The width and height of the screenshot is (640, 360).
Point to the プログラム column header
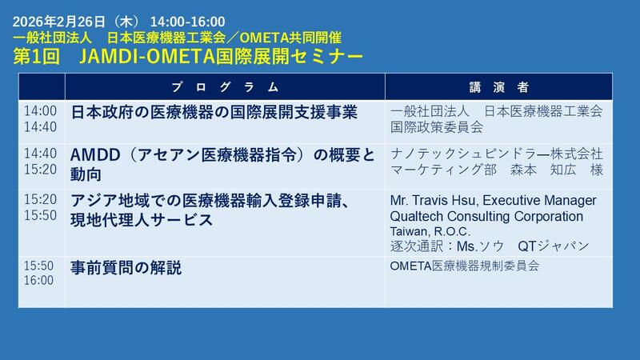click(x=225, y=86)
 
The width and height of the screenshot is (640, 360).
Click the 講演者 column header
click(x=498, y=86)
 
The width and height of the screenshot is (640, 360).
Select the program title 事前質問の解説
click(x=126, y=267)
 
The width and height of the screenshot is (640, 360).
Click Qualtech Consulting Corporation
click(x=486, y=216)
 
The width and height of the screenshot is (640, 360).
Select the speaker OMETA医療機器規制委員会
click(x=465, y=266)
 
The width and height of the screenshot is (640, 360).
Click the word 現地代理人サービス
click(x=142, y=219)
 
